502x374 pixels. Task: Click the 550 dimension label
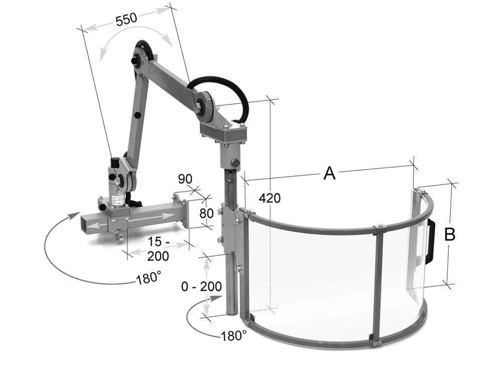tap(126, 20)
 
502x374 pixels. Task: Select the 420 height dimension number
tap(270, 198)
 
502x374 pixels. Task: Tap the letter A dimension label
tap(329, 173)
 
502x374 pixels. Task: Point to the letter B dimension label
tap(450, 234)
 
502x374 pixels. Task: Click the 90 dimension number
tap(185, 179)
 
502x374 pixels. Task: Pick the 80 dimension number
tap(206, 213)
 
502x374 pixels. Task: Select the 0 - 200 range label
tap(201, 286)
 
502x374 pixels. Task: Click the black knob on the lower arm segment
tap(138, 115)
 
